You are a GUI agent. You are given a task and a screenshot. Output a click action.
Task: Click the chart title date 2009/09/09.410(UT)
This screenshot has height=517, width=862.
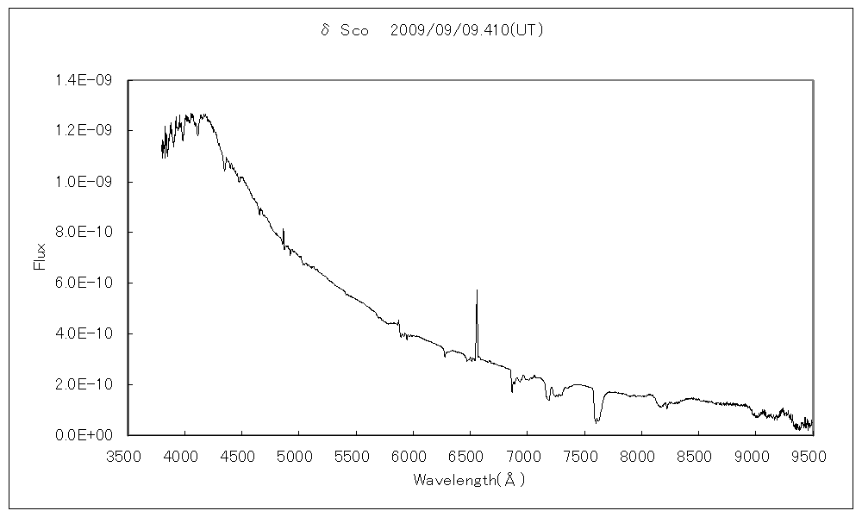[x=466, y=30]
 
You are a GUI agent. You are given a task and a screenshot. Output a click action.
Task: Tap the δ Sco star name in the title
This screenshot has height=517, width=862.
[x=344, y=30]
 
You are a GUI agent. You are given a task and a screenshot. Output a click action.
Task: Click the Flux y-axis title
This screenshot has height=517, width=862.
[x=39, y=257]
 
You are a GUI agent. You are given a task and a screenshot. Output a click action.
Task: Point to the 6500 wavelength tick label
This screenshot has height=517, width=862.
[x=470, y=455]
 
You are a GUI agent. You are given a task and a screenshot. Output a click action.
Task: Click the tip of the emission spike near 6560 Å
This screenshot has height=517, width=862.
[x=477, y=290]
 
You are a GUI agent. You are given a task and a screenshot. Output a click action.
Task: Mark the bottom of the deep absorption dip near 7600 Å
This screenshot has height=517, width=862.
[x=596, y=422]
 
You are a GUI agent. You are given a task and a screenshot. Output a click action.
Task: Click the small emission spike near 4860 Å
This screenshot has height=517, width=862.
[x=283, y=229]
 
